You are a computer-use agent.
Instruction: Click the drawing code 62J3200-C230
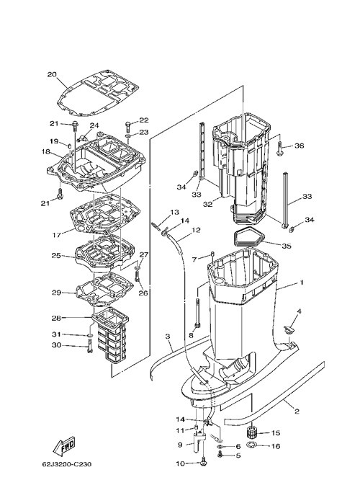pos(67,464)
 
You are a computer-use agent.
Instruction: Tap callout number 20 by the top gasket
pos(52,75)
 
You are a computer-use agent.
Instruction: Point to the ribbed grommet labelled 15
pos(252,432)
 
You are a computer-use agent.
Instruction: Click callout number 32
pos(208,204)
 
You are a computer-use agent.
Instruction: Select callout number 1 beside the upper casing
pos(302,282)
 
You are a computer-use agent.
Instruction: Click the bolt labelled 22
pos(128,126)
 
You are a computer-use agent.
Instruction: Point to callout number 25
pos(56,255)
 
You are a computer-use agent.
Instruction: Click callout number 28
pos(56,318)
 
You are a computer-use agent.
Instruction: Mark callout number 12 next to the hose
pos(196,230)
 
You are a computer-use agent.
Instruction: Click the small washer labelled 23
pos(128,136)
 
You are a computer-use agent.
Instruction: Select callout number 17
pos(56,236)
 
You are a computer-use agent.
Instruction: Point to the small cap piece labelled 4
pos(289,329)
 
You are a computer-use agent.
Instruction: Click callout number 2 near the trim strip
pos(297,412)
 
